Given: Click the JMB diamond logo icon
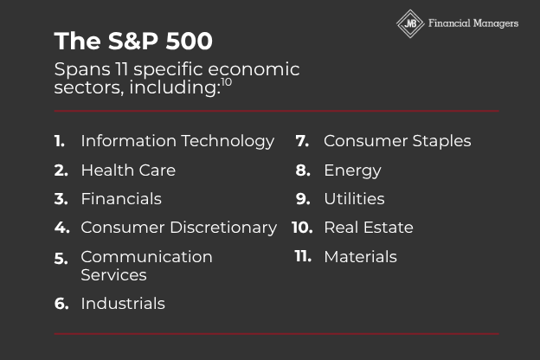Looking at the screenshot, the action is (x=410, y=23).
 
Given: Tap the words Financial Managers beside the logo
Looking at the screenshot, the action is (x=473, y=23).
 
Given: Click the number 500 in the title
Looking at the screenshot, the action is (x=189, y=42).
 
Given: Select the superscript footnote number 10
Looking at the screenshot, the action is (x=226, y=82).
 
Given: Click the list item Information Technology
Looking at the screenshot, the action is (x=177, y=142).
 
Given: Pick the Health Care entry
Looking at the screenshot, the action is (x=128, y=170).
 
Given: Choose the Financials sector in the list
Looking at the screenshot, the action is (x=121, y=199).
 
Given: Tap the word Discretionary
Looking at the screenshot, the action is (x=223, y=228).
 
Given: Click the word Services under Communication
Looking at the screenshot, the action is (x=113, y=275).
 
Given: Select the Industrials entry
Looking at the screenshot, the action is (x=123, y=304).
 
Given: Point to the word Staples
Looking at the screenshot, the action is (x=441, y=142).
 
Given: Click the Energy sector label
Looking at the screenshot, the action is (x=353, y=170).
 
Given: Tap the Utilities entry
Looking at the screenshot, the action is (x=355, y=199).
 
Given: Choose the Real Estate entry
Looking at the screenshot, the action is (x=369, y=228).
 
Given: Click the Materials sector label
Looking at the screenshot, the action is (x=361, y=257).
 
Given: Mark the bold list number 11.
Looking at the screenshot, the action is (x=303, y=256).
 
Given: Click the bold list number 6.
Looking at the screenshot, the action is (x=61, y=304).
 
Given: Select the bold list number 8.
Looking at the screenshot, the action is (x=303, y=170).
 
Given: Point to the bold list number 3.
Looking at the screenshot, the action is (x=61, y=199).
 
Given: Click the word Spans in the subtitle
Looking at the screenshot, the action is (x=82, y=70).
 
